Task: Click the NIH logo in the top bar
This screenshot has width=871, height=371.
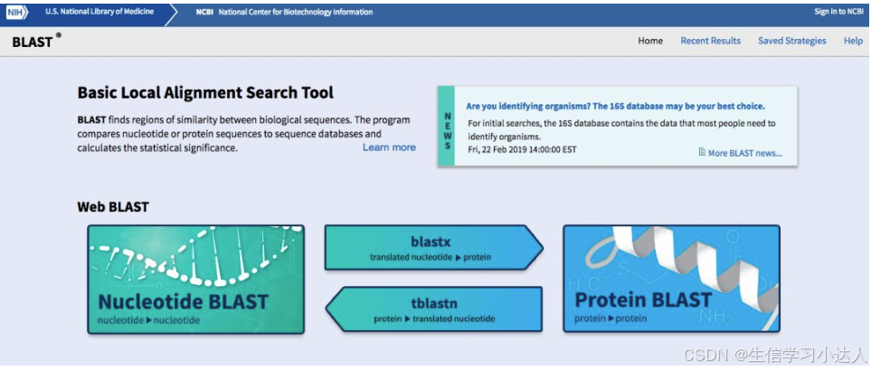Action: coord(15,12)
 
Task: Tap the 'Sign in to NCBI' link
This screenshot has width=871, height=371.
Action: coord(838,12)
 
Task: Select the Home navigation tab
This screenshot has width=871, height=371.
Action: coord(650,41)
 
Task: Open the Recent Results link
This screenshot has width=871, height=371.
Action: coord(710,41)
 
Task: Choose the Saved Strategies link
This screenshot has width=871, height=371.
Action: coord(791,41)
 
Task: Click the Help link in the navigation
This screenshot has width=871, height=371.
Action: coord(853,41)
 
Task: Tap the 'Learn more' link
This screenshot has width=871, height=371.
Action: coord(389,147)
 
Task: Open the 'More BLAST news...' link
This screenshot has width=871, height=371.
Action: coord(744,153)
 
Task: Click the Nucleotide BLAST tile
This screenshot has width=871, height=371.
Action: coord(195,279)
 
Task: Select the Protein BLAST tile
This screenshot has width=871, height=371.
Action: coord(670,279)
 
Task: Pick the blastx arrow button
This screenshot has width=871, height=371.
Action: coord(432,248)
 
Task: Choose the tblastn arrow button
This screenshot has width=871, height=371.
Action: coord(434,309)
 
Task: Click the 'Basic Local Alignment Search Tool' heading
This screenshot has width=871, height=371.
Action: coord(205,92)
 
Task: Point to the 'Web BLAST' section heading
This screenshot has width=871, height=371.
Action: coord(113,206)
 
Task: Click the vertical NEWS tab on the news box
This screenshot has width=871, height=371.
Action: coord(447,127)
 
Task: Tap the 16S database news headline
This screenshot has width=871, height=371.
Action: coord(614,106)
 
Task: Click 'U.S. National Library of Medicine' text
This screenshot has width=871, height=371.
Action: coord(99,12)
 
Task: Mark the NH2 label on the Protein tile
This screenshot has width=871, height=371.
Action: coord(718,315)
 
